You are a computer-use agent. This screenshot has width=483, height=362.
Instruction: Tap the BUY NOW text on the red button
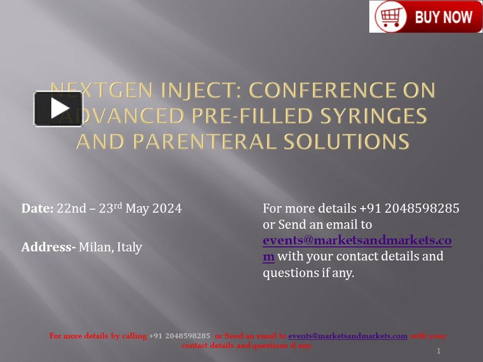coord(443,17)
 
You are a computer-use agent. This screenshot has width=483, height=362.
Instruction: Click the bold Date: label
coord(37,208)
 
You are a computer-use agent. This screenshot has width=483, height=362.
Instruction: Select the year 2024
coord(167,208)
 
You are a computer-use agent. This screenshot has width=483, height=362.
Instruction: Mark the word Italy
coord(130,247)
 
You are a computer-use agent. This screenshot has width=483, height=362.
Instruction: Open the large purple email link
coord(357,241)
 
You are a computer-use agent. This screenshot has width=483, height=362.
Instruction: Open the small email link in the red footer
coord(348,336)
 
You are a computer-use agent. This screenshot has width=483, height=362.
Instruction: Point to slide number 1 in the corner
coord(438,351)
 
